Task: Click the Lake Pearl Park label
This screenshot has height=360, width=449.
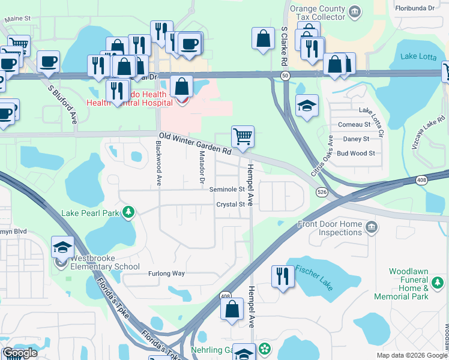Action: tap(90, 213)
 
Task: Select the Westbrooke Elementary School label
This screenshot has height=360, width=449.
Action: tap(106, 263)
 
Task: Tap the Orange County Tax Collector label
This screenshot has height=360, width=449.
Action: tap(318, 13)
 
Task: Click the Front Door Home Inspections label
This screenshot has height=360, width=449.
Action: tap(331, 229)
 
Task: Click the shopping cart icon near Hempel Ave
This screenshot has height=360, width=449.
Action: tap(243, 136)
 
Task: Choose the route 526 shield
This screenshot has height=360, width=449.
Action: tap(322, 191)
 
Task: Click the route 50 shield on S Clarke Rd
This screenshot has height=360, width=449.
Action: tap(285, 75)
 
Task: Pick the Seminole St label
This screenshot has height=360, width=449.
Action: tap(227, 189)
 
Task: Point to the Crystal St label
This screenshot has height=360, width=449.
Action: tap(231, 205)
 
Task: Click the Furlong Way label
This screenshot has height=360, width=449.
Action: tap(167, 273)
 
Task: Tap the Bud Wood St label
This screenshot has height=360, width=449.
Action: tap(355, 153)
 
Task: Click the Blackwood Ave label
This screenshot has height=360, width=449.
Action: tap(159, 163)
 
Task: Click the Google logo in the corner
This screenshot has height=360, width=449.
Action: tap(20, 353)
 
